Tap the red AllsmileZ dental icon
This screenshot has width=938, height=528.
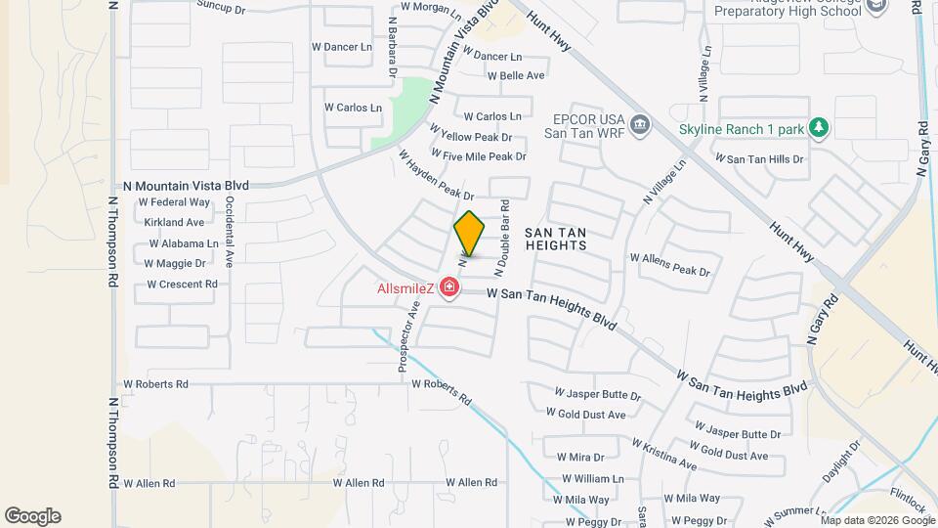pos(449,287)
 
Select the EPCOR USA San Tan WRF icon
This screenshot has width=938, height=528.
pos(640,124)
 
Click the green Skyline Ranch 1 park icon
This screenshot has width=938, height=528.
pos(819,127)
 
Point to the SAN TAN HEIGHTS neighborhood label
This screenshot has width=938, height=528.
pos(556,239)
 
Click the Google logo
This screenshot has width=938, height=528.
pos(32,516)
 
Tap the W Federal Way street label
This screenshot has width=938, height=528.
pos(174,202)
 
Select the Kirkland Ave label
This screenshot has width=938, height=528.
pos(174,223)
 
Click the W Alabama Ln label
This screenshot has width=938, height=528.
pos(181,243)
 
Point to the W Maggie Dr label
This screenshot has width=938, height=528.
pos(175,263)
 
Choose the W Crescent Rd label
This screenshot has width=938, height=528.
pos(182,285)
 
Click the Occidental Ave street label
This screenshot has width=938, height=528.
pos(230,232)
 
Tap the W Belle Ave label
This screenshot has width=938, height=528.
pos(516,75)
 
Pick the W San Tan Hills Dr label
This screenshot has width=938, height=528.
pos(759,158)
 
